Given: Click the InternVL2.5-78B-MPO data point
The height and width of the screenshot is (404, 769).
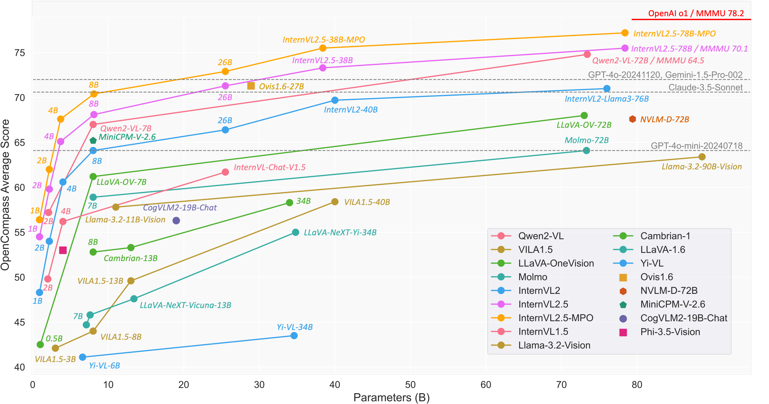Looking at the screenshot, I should (x=625, y=33).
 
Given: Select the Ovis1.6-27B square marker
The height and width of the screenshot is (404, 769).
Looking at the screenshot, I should (x=251, y=86).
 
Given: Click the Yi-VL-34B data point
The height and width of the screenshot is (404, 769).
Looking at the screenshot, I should (x=294, y=336).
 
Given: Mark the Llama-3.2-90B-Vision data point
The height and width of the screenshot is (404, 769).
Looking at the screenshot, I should (x=702, y=157).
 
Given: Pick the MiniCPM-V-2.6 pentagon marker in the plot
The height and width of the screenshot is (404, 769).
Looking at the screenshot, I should (x=93, y=140).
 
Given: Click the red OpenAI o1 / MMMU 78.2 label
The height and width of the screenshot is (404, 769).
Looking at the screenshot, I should (x=696, y=14).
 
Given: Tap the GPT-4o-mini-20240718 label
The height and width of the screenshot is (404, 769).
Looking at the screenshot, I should (x=697, y=146).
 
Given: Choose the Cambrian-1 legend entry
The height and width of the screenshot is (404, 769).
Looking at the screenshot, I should (x=665, y=236).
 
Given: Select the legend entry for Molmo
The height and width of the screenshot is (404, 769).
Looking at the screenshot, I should (x=533, y=277).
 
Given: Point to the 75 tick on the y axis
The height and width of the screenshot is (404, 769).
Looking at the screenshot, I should (x=20, y=53).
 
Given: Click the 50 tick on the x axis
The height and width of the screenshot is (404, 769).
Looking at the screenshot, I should (x=410, y=385).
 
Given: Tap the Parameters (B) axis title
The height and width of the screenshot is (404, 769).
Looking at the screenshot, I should (x=391, y=397).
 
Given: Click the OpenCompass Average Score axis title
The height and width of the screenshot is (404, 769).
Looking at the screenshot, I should (x=5, y=195).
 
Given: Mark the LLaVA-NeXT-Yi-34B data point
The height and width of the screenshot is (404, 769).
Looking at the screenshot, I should (x=296, y=232).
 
